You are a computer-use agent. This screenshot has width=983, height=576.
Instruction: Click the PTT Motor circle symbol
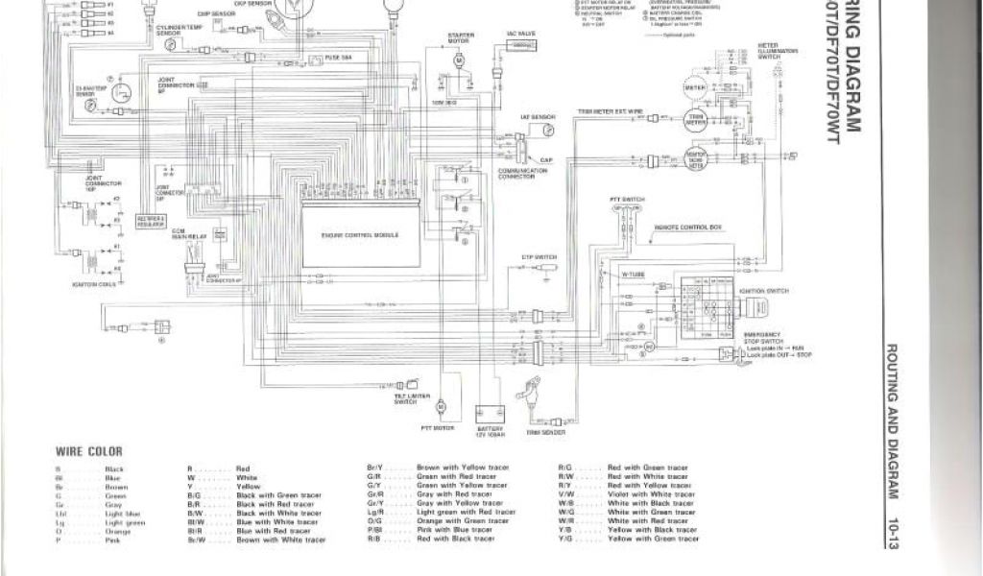[x=442, y=407]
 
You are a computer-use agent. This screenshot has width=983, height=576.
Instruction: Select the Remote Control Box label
[x=687, y=228]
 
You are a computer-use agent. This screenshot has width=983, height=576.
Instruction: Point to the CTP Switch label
[x=539, y=256]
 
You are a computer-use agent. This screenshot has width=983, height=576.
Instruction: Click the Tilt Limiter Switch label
[x=405, y=397]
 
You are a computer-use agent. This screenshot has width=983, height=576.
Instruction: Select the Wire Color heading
[x=89, y=450]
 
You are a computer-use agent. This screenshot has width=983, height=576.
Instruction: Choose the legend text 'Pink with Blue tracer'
[x=456, y=530]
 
